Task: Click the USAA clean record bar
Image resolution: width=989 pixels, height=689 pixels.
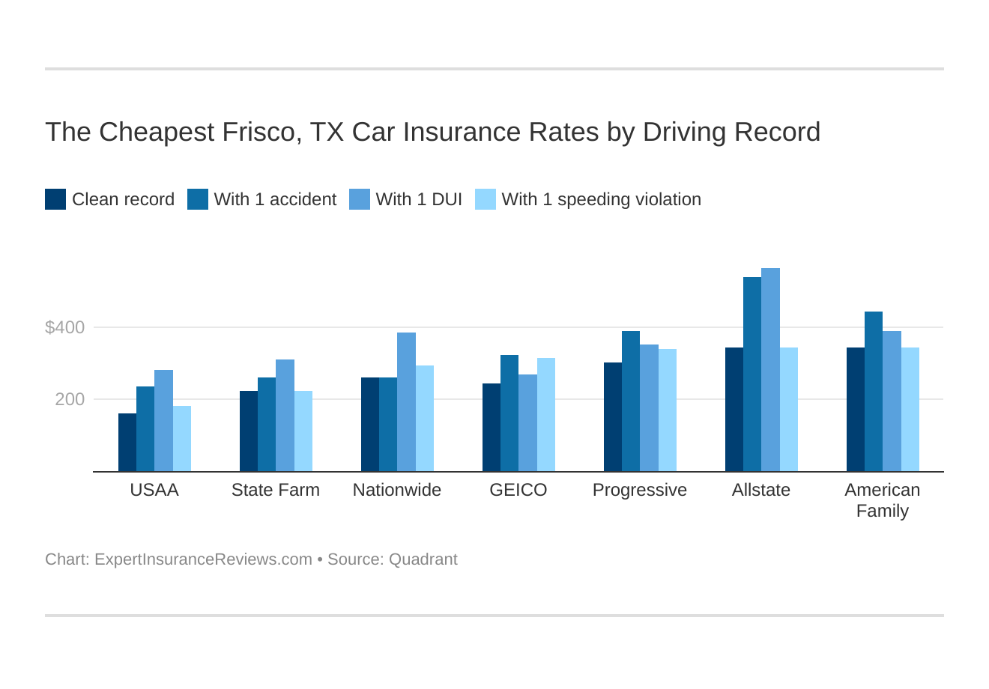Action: tap(127, 443)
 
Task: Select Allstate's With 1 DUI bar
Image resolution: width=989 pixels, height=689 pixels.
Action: tap(770, 370)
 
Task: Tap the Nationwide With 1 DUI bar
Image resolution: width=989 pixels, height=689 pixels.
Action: tap(406, 402)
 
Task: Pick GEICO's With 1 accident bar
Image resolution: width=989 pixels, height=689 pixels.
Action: tap(509, 413)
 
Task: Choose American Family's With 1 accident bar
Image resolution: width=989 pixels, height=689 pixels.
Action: tap(874, 392)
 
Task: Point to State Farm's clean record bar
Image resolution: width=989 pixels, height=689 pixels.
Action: tap(249, 431)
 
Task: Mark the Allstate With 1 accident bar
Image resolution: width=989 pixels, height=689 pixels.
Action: tap(752, 374)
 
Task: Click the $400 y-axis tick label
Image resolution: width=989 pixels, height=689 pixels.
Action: tap(65, 327)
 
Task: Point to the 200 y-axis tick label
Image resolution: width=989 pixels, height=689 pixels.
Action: tap(70, 399)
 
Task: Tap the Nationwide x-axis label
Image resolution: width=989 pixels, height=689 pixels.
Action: tap(397, 490)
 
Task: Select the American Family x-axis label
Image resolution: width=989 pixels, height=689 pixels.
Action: tap(883, 500)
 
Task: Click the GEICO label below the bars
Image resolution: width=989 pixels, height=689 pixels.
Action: tap(518, 490)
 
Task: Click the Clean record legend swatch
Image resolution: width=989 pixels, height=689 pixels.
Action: tap(55, 199)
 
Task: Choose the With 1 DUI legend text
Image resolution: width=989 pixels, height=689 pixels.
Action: tap(419, 199)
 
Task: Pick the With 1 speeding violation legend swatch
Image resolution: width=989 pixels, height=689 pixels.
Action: tap(486, 199)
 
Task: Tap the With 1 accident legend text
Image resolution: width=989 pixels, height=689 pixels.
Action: tap(275, 199)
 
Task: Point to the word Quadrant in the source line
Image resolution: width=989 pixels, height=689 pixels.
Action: tap(423, 559)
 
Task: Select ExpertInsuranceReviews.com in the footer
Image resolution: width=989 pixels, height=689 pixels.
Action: tap(203, 559)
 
